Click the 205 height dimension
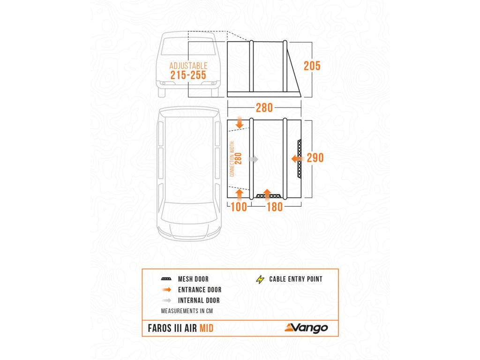click(312, 66)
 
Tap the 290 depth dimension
click(315, 158)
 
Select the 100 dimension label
click(239, 207)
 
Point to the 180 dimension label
click(275, 207)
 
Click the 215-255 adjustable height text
click(188, 75)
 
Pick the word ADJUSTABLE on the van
click(188, 66)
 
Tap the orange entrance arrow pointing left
click(297, 159)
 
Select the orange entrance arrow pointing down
click(240, 123)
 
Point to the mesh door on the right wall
click(300, 159)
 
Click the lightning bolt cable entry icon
click(260, 280)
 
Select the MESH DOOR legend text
click(193, 279)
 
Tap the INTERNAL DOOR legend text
click(199, 300)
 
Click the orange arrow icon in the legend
click(166, 290)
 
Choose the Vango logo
click(306, 328)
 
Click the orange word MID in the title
click(206, 328)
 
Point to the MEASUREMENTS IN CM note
click(189, 311)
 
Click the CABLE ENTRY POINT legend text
click(296, 279)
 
